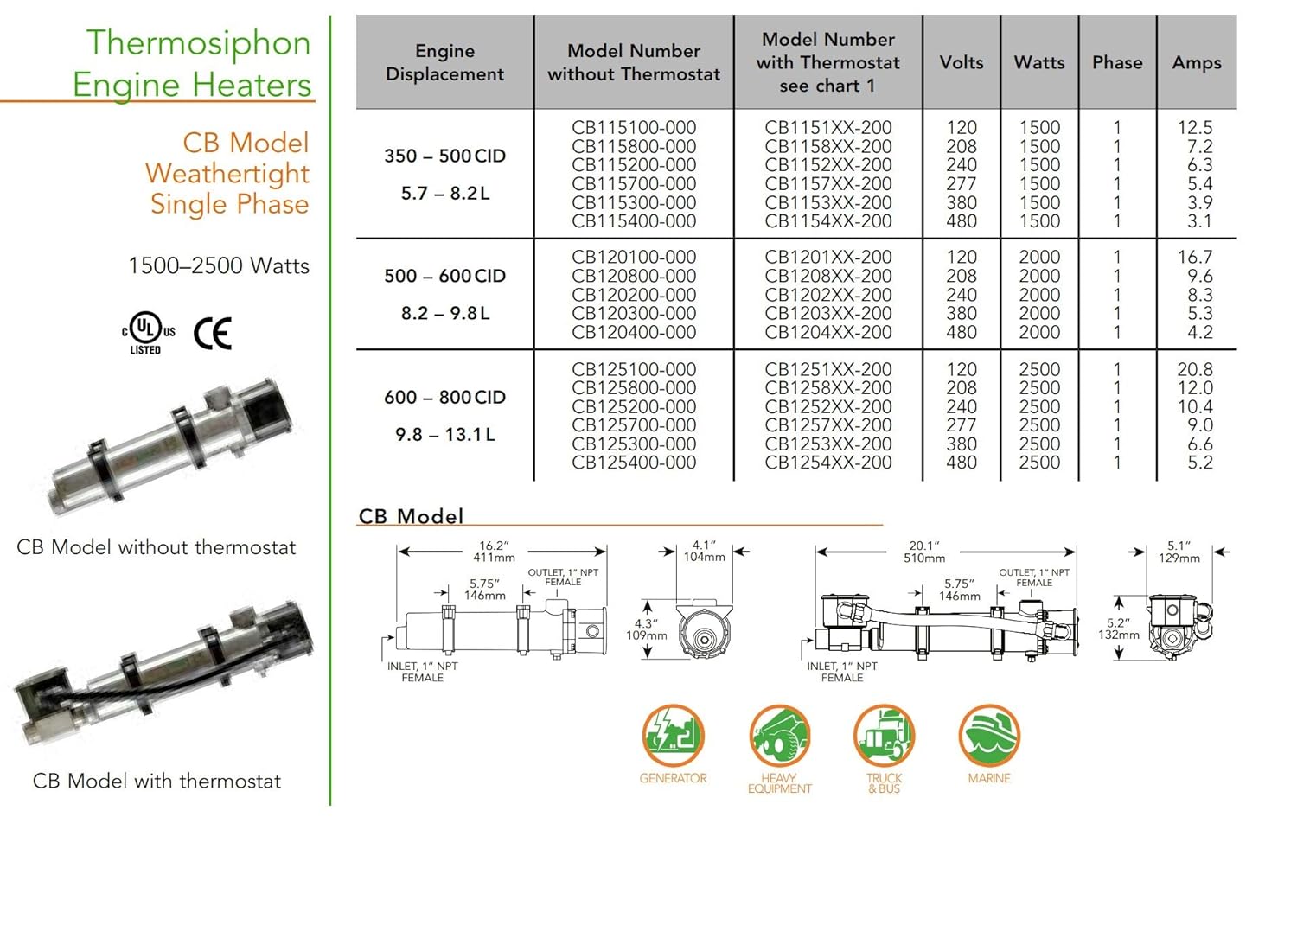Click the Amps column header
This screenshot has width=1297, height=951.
pyautogui.click(x=1197, y=62)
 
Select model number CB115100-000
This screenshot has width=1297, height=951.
pyautogui.click(x=634, y=128)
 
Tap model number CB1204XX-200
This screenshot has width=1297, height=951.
pyautogui.click(x=827, y=333)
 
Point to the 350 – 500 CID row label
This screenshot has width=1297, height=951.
pyautogui.click(x=444, y=156)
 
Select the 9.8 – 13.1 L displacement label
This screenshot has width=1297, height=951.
pyautogui.click(x=444, y=435)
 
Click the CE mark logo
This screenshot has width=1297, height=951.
pyautogui.click(x=213, y=334)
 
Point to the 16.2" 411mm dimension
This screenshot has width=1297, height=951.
pyautogui.click(x=494, y=552)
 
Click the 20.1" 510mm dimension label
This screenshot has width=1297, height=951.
pyautogui.click(x=923, y=552)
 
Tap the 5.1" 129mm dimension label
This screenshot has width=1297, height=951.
pyautogui.click(x=1179, y=552)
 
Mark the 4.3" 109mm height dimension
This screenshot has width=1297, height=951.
pyautogui.click(x=646, y=629)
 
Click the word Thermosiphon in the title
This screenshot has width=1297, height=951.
pyautogui.click(x=198, y=42)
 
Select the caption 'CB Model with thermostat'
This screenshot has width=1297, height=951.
pyautogui.click(x=157, y=782)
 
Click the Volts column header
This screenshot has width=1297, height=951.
pyautogui.click(x=962, y=62)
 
